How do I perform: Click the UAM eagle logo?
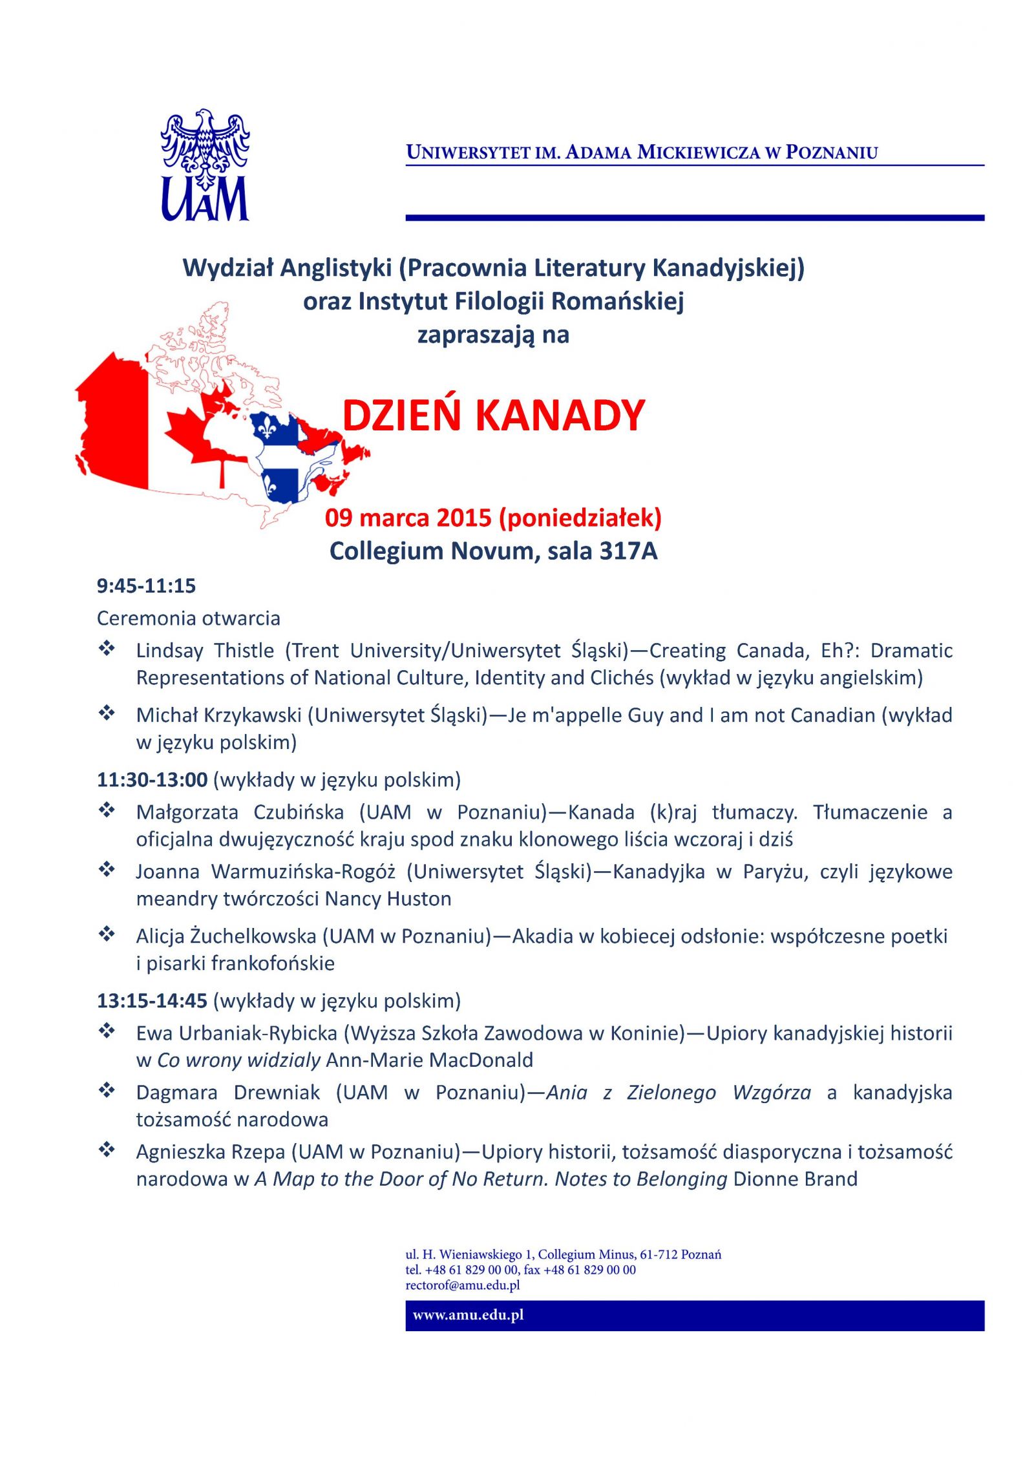click(x=205, y=165)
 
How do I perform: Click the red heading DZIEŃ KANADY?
click(x=494, y=415)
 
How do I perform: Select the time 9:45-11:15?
click(x=146, y=585)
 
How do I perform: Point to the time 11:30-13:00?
click(x=152, y=779)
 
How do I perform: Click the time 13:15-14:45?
click(x=152, y=1000)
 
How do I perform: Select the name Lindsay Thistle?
click(x=205, y=650)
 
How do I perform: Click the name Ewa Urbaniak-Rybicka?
click(x=237, y=1033)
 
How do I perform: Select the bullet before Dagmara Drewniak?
click(x=107, y=1091)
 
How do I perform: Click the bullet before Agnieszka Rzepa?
click(x=107, y=1150)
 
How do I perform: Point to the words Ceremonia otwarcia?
click(x=188, y=618)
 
